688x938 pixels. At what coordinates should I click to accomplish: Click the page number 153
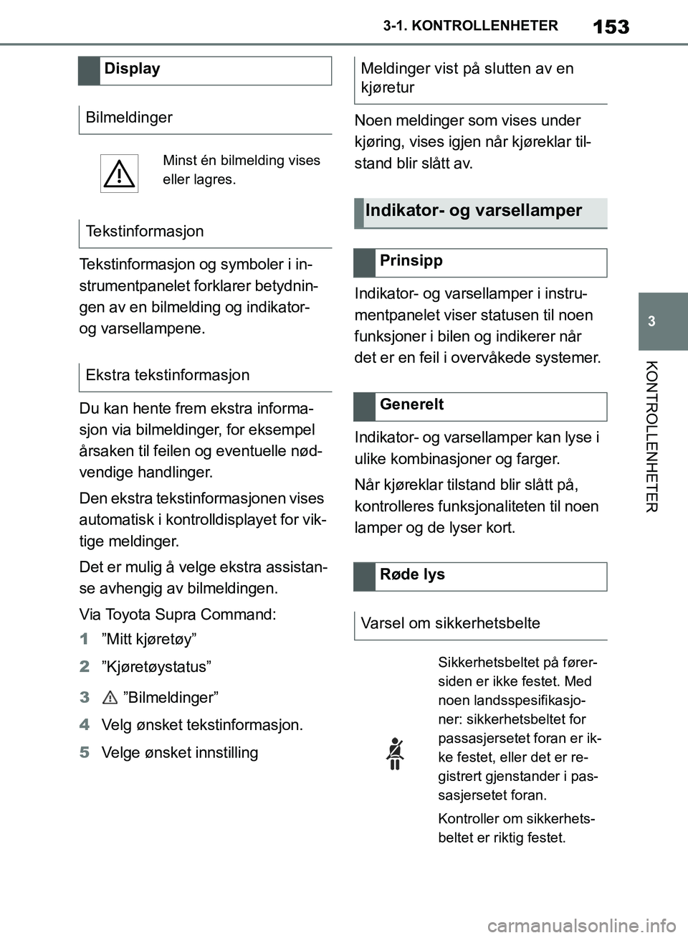[611, 27]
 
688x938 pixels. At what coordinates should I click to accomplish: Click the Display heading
[132, 70]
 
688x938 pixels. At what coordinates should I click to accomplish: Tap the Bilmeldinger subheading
[129, 118]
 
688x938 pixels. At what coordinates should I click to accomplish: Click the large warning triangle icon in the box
[119, 174]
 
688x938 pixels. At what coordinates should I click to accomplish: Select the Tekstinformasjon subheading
[145, 232]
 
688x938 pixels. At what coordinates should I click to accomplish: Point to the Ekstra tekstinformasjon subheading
[168, 375]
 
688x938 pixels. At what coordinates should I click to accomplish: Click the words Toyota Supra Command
[190, 615]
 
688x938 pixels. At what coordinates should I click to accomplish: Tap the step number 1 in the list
[85, 639]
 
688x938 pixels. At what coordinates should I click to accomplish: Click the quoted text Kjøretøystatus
[156, 667]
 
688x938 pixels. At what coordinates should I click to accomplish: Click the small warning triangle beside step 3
[110, 697]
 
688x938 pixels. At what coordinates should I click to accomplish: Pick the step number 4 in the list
[85, 725]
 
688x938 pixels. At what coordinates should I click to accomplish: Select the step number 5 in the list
[85, 753]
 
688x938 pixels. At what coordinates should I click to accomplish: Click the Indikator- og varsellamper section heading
[474, 211]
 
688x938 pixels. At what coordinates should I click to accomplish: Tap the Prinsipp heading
[411, 261]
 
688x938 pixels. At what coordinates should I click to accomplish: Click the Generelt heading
[412, 404]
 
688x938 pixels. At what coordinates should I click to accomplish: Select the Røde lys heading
[412, 574]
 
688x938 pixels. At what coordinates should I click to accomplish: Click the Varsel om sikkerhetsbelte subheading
[451, 623]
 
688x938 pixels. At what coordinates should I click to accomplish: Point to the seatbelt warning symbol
[395, 753]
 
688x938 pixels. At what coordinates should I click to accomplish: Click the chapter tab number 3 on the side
[651, 321]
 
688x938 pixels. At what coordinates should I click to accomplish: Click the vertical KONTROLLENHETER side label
[651, 437]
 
